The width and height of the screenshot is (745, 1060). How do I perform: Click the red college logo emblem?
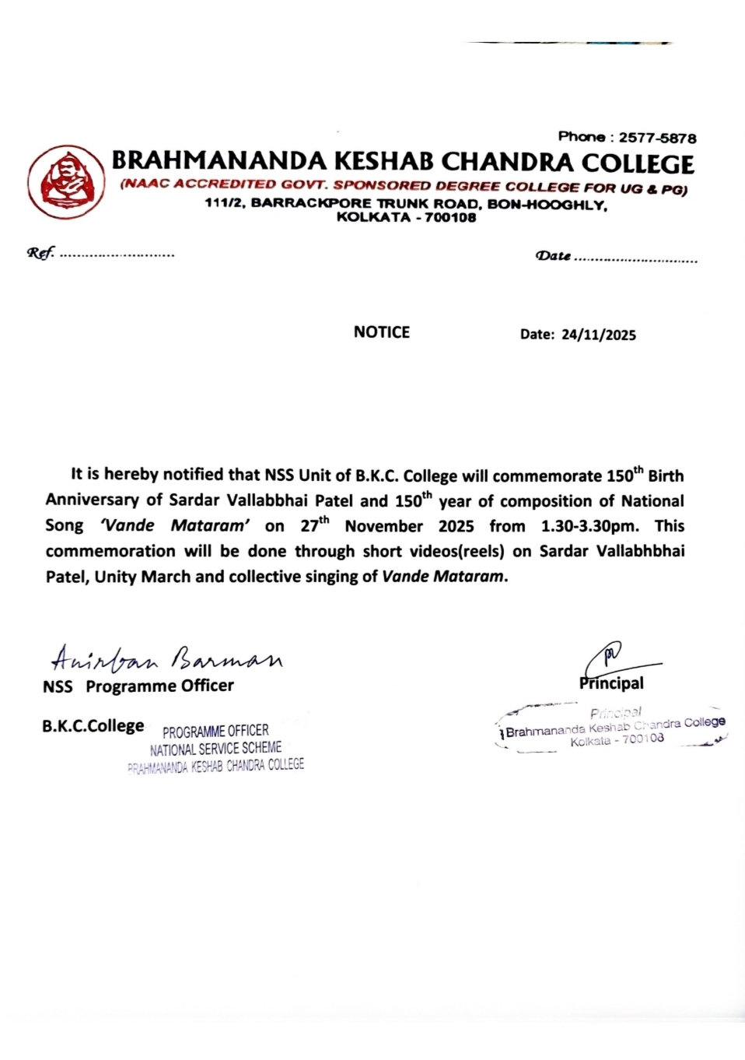pyautogui.click(x=66, y=181)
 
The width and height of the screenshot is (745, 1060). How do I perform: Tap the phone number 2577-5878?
pyautogui.click(x=657, y=138)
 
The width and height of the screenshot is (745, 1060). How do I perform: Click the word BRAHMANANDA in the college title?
pyautogui.click(x=219, y=161)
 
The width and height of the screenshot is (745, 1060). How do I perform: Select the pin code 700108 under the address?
pyautogui.click(x=450, y=218)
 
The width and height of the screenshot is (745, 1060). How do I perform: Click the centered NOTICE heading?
pyautogui.click(x=381, y=332)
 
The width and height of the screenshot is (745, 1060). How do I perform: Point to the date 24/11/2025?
pyautogui.click(x=598, y=335)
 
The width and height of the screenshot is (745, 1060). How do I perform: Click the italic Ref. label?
pyautogui.click(x=40, y=253)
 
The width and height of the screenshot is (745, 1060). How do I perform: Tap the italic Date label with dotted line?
pyautogui.click(x=554, y=256)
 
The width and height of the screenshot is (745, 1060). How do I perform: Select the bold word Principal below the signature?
pyautogui.click(x=612, y=683)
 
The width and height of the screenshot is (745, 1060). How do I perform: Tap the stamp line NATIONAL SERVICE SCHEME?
pyautogui.click(x=215, y=749)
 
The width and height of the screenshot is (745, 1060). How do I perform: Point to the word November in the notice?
pyautogui.click(x=383, y=526)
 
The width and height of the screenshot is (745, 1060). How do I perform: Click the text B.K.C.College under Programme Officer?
pyautogui.click(x=93, y=726)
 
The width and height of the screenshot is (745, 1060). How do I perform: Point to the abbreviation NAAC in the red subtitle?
pyautogui.click(x=145, y=184)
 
